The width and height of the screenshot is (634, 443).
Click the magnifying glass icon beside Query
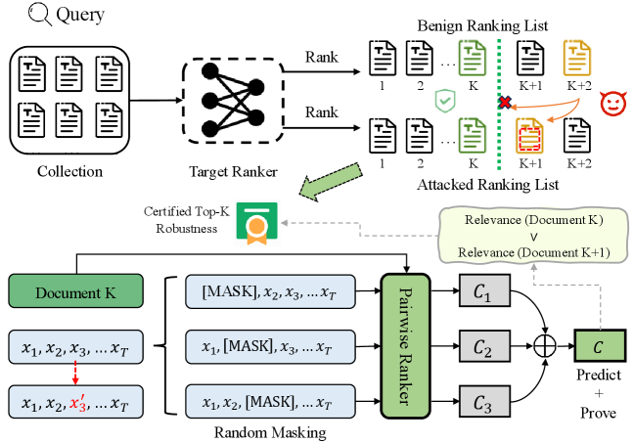[x=17, y=16]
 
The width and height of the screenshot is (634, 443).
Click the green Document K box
[x=74, y=291]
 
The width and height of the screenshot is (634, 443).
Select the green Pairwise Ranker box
[x=407, y=346]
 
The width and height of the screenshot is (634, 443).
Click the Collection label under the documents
[x=68, y=171]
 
